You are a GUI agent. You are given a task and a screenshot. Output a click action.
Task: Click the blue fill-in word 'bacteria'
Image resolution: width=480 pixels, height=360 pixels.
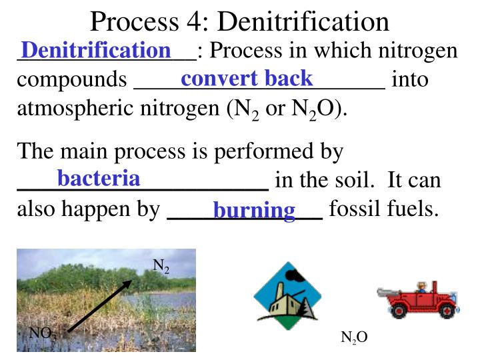[x=99, y=179]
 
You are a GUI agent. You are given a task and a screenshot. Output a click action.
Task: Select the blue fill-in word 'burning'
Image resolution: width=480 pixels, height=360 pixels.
[x=254, y=211]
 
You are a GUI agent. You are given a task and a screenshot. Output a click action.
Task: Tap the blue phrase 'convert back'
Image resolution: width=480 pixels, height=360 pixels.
[x=247, y=79]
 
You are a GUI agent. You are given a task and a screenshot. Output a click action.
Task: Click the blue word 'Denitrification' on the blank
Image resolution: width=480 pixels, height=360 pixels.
[x=96, y=50]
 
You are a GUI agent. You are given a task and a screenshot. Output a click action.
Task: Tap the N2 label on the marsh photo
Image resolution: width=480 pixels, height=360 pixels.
[x=161, y=267]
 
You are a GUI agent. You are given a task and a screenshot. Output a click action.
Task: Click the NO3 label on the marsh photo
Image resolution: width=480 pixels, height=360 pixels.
[x=43, y=333]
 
